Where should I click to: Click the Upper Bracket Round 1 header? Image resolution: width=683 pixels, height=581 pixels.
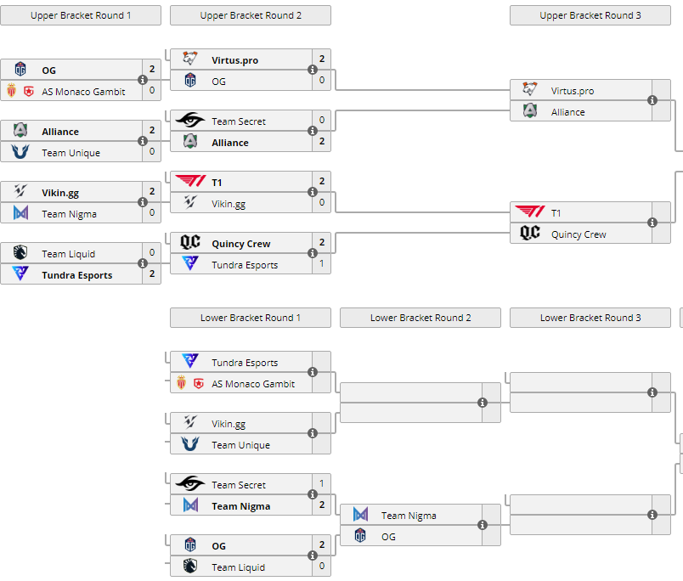click(81, 15)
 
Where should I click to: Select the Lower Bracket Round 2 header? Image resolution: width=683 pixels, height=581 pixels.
click(421, 318)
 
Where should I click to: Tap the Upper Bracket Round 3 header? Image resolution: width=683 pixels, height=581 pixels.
click(590, 15)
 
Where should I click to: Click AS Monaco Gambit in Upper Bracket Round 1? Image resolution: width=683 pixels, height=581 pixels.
click(83, 92)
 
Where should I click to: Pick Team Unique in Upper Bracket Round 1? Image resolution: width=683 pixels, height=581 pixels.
click(71, 153)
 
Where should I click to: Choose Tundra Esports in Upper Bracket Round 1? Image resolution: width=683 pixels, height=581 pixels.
click(76, 275)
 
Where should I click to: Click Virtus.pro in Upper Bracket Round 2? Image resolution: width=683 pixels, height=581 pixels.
click(235, 60)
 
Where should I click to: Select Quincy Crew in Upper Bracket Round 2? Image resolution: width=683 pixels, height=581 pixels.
click(241, 244)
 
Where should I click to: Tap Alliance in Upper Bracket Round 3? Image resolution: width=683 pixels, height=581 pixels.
click(568, 112)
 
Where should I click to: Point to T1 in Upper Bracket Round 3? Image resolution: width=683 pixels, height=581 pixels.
click(556, 213)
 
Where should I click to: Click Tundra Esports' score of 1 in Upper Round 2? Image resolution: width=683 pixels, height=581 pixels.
click(322, 265)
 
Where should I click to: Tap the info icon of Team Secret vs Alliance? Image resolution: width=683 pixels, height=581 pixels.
click(313, 131)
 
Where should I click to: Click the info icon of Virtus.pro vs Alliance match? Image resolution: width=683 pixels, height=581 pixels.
click(652, 100)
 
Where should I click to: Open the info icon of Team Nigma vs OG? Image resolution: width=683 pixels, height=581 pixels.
click(483, 525)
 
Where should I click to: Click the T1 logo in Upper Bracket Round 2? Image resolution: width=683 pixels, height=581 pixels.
click(190, 182)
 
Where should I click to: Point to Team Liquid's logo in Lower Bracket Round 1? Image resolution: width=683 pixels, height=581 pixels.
click(190, 567)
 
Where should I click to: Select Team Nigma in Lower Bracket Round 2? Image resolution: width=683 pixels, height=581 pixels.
click(409, 516)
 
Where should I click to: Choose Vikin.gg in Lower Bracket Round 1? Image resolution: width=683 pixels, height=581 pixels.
click(229, 424)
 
